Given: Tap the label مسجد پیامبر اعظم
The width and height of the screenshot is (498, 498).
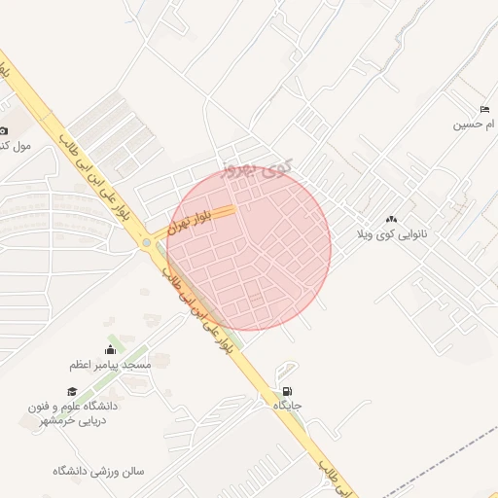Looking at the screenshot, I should pos(109,365).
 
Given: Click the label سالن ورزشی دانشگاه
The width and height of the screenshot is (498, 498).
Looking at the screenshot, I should pos(99,471).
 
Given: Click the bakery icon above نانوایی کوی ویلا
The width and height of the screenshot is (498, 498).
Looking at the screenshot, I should pos(392,221).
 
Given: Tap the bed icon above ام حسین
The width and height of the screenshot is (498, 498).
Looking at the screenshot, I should pos(484,109).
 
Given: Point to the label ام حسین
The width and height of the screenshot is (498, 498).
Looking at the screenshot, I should pos(477,124).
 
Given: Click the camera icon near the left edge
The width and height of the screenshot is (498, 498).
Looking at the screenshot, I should pos(3,130).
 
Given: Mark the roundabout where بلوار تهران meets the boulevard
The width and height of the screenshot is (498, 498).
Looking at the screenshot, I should pos(147,242).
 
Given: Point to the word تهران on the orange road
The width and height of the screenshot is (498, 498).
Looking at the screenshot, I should pos(178,228).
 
